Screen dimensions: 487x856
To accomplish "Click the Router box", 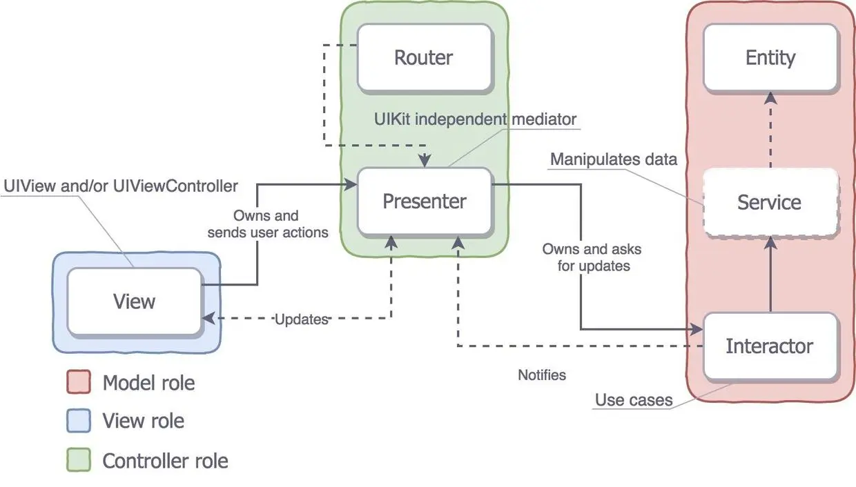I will [423, 57].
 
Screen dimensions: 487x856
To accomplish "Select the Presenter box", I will [424, 201].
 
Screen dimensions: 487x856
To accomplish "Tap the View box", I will [134, 301].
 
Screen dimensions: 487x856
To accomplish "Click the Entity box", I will [770, 57].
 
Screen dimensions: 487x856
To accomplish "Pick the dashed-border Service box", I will [769, 202].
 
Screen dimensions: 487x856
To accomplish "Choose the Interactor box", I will [769, 346].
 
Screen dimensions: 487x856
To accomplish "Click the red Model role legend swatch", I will [79, 383].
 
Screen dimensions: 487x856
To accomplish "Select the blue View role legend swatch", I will [79, 421].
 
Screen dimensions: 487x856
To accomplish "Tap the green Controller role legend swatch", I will [79, 460].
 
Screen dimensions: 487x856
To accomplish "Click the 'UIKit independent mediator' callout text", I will [475, 119].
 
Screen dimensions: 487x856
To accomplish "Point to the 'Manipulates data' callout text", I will [613, 159].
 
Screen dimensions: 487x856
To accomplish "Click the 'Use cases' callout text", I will [634, 400].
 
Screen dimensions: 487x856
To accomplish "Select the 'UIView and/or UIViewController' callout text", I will [120, 186].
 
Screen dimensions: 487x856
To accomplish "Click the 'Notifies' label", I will [542, 375].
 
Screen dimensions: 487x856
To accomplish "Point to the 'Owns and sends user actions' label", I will [268, 224].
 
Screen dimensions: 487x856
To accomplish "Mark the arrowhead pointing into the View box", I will [207, 319].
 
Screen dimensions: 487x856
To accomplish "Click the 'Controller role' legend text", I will [165, 460].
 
